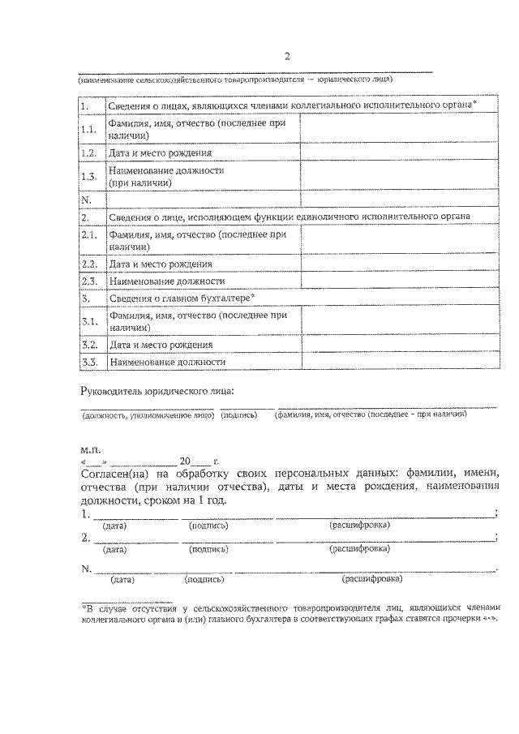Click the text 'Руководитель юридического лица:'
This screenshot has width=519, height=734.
[x=158, y=391]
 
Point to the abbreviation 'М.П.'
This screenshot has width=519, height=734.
[x=90, y=447]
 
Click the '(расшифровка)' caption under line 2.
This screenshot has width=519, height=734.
[x=358, y=549]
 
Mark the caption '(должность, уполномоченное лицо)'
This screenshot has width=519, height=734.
[x=148, y=414]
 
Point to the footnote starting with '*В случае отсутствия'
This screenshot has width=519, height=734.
[x=292, y=612]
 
